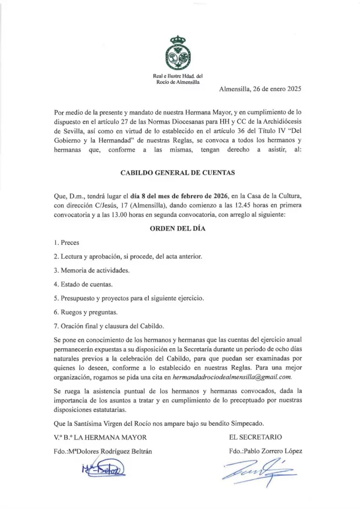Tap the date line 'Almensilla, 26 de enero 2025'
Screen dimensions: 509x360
(x=260, y=88)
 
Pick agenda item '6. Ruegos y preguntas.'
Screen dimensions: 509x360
(x=85, y=312)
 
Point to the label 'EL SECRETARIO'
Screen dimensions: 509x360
(x=256, y=437)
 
